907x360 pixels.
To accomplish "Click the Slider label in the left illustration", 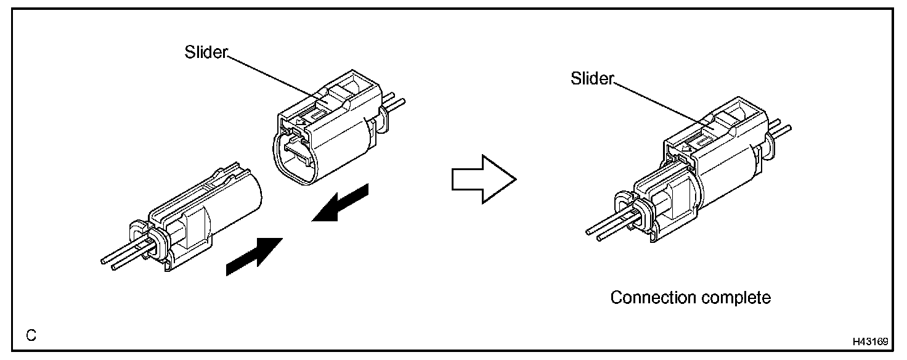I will [206, 52].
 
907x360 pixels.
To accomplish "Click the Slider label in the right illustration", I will [592, 79].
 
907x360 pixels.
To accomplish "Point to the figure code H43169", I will [870, 341].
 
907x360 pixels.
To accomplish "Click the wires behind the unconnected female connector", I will [396, 100].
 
